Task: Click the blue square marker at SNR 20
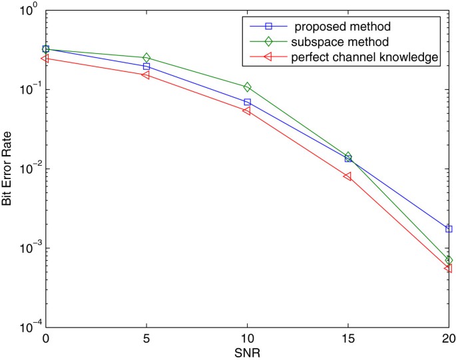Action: click(x=449, y=229)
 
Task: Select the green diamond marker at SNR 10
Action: click(x=247, y=87)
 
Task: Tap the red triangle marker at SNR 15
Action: click(x=347, y=176)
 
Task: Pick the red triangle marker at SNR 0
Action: click(x=45, y=59)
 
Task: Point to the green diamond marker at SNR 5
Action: click(x=146, y=58)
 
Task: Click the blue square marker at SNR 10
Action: click(x=247, y=102)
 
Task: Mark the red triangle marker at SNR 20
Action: click(x=448, y=268)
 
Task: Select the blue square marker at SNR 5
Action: click(x=146, y=67)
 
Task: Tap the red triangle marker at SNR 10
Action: click(x=247, y=110)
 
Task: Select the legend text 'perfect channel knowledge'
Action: click(x=365, y=57)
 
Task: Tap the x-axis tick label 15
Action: click(x=347, y=339)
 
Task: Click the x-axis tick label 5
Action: click(x=146, y=339)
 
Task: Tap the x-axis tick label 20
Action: click(x=447, y=339)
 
